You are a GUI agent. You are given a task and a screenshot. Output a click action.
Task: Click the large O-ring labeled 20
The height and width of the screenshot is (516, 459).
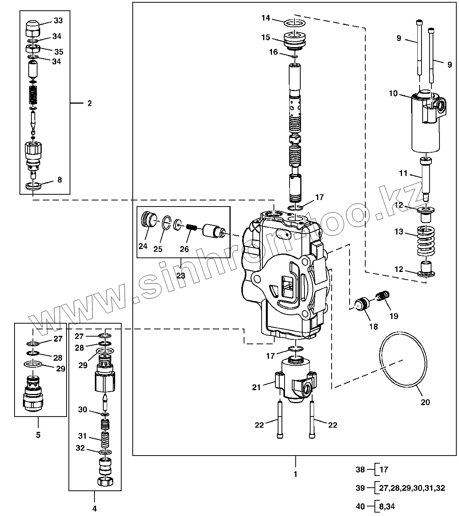pos(403,363)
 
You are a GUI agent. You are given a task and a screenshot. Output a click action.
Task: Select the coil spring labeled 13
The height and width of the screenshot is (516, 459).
pos(426,241)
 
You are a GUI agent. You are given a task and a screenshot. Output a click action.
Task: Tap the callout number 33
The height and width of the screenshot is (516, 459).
pos(58,20)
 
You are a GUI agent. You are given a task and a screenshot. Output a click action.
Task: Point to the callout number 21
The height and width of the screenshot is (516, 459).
pos(256,387)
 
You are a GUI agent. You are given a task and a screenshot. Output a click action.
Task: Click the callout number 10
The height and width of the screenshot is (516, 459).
pos(393,93)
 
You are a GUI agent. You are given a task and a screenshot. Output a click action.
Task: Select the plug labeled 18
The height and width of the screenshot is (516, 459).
pos(361,304)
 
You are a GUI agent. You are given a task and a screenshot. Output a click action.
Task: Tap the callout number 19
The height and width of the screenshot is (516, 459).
pos(394,316)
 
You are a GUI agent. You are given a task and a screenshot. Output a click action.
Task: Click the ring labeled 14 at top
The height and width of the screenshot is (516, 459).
pos(295,23)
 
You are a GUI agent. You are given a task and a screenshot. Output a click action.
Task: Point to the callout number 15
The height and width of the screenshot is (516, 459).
pos(266,37)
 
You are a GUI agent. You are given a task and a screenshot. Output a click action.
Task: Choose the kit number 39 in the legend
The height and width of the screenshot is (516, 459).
pos(360,488)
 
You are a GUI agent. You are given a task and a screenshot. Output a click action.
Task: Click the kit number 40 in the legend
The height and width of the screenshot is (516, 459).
pos(360,506)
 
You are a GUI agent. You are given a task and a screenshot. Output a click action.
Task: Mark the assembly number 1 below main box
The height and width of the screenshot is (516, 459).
pos(295,474)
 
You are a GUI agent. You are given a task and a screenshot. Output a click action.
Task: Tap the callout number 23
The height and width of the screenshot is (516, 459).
pos(181,275)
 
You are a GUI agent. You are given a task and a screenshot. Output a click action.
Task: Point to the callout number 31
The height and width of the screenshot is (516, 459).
pos(82,436)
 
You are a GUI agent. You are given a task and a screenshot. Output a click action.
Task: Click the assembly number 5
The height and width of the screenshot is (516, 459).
pos(38,435)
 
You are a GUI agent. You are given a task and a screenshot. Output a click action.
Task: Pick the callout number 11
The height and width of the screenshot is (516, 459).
pos(403,173)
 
